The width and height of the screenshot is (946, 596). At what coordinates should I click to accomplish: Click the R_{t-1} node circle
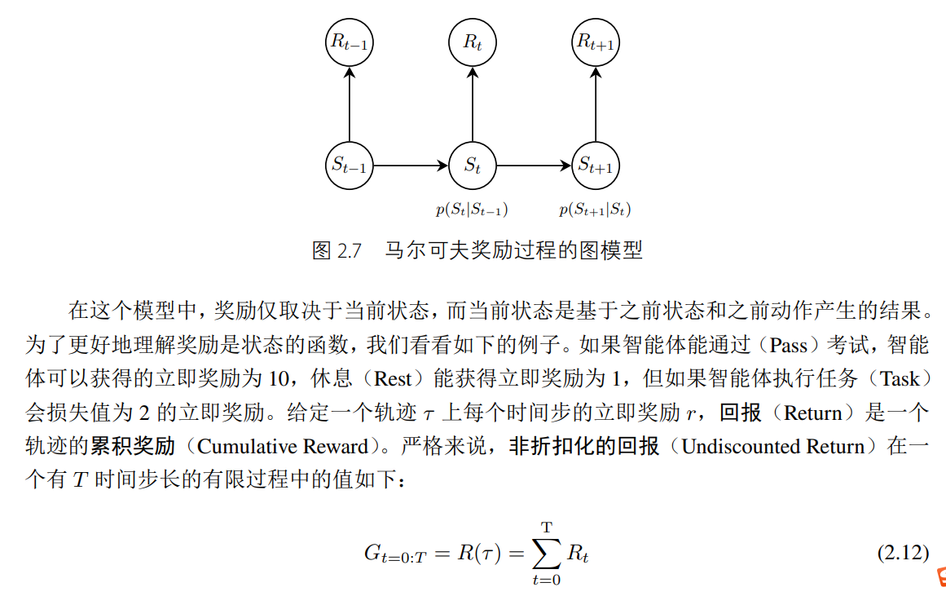pos(350,43)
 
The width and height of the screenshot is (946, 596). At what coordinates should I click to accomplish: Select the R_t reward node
pos(473,43)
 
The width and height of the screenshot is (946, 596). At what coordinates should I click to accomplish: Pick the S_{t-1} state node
pos(350,166)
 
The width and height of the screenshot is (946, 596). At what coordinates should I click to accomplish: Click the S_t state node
pos(473,166)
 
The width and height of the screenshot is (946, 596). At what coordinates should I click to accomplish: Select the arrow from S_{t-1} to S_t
pos(411,166)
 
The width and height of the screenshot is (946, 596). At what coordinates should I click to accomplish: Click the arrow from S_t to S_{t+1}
pos(535,166)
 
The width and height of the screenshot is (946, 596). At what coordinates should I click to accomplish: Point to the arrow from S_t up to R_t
pos(473,104)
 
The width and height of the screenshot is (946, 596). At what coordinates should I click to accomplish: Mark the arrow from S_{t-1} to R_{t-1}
pos(350,104)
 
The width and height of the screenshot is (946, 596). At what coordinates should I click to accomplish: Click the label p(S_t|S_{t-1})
pos(472,210)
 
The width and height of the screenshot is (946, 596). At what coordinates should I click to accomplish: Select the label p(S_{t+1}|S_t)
pos(595,210)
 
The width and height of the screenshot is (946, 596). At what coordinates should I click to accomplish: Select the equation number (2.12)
pos(903,553)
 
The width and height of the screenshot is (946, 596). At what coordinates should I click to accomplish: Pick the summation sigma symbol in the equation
pos(547,554)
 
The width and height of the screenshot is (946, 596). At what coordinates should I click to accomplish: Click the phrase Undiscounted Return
pos(772,446)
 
